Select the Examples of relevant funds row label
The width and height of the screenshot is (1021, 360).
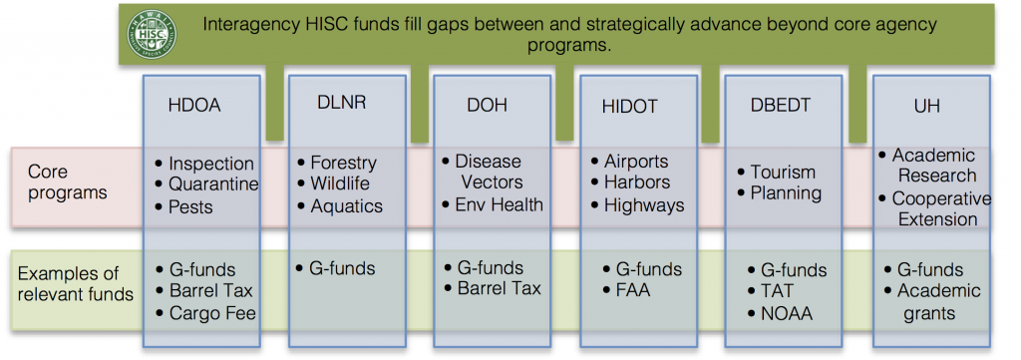76,282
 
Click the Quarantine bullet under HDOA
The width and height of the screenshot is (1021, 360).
213,184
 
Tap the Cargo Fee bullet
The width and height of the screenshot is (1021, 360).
212,313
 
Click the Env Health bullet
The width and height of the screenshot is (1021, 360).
499,205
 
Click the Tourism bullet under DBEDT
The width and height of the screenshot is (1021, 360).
783,173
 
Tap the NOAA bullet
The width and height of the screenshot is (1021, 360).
787,313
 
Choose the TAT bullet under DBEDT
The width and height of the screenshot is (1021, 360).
780,292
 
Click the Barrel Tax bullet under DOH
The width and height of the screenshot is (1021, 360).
498,289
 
